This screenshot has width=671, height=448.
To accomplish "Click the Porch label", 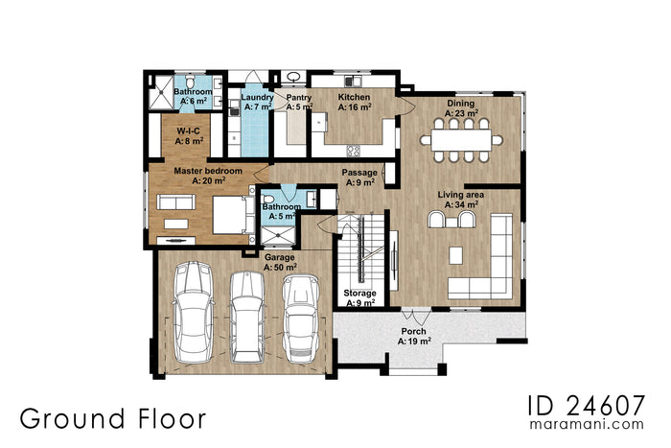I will [x=415, y=335].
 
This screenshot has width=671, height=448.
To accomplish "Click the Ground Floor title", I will [x=111, y=418].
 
